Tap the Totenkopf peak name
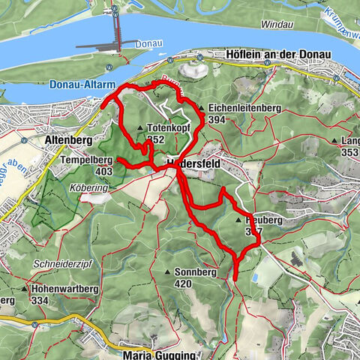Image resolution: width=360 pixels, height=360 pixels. tap(166, 127)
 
